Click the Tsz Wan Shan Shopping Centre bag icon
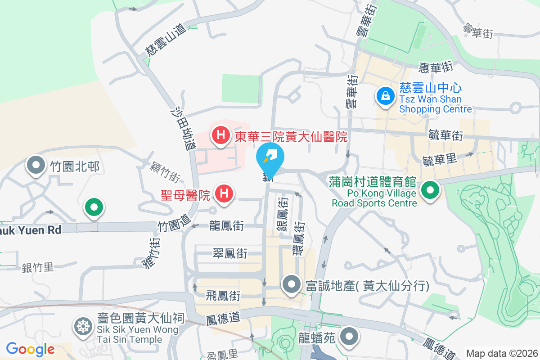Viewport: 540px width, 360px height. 386,95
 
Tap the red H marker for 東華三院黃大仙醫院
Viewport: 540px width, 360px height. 221,134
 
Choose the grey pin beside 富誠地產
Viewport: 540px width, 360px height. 291,284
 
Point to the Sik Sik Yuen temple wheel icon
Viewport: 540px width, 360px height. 83,326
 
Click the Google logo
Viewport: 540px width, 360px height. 30,349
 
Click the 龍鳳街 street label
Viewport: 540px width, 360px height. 227,226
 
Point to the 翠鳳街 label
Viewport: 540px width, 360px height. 230,253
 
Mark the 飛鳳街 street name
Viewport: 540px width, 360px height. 223,296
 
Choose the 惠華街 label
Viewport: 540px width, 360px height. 435,67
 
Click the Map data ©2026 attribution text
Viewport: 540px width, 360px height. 502,353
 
